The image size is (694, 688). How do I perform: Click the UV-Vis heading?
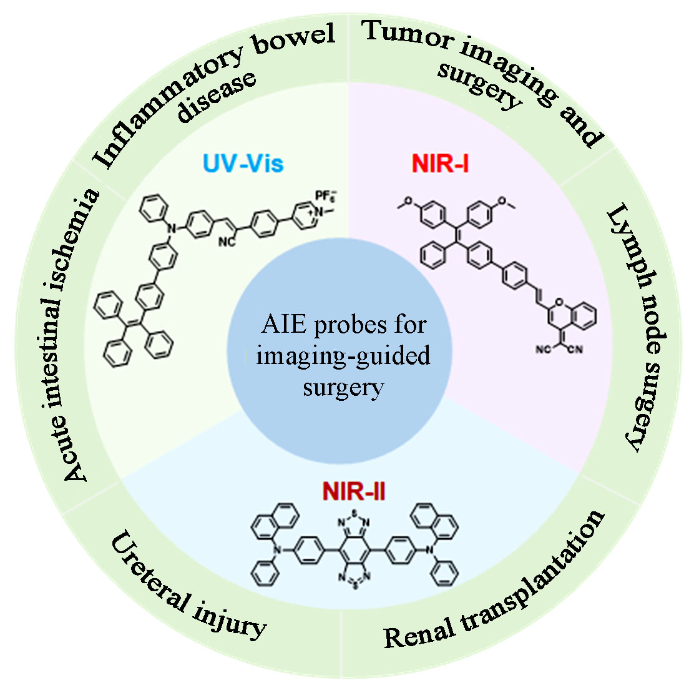click(x=242, y=164)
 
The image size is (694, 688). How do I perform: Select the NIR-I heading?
click(x=440, y=164)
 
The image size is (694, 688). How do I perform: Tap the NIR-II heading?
click(x=353, y=491)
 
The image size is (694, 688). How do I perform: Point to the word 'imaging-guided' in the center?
click(x=343, y=356)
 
